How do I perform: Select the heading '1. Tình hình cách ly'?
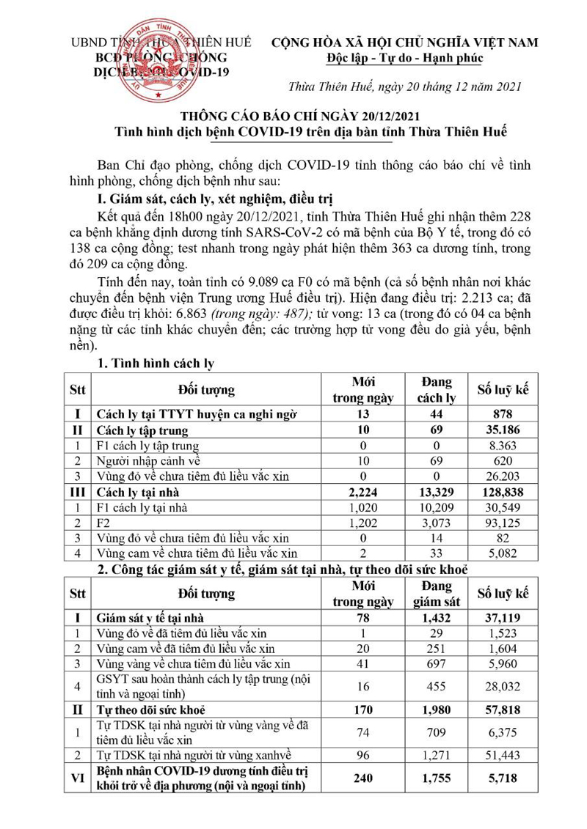(x=155, y=364)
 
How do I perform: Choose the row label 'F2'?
(x=104, y=522)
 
